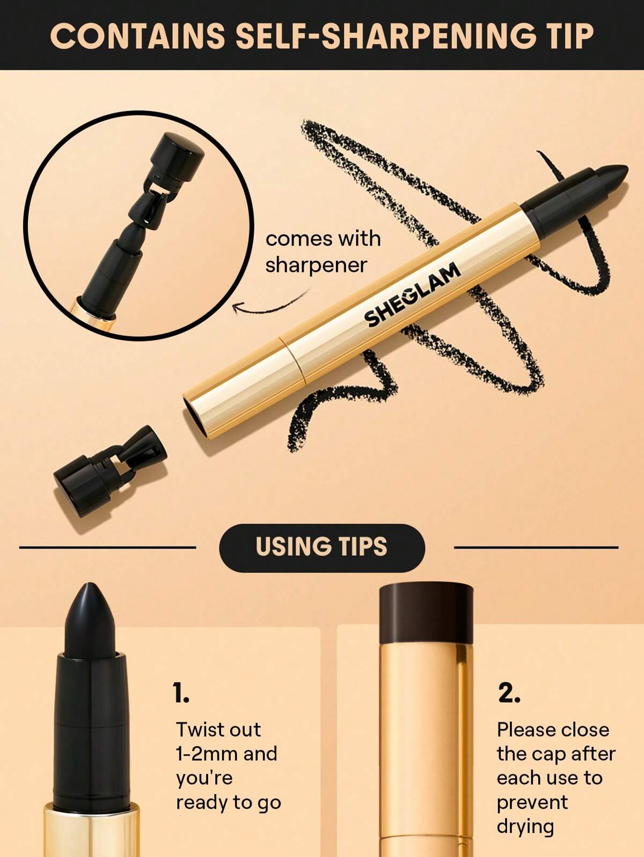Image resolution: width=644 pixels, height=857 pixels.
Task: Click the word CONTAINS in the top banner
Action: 137,36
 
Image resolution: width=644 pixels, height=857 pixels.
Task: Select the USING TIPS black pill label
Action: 321,548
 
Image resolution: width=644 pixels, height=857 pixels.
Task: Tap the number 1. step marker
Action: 181,693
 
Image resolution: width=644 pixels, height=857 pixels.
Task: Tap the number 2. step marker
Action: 509,693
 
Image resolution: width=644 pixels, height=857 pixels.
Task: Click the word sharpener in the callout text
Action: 316,264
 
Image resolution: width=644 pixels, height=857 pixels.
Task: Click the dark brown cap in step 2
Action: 426,615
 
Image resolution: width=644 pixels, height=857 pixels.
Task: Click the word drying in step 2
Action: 525,826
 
